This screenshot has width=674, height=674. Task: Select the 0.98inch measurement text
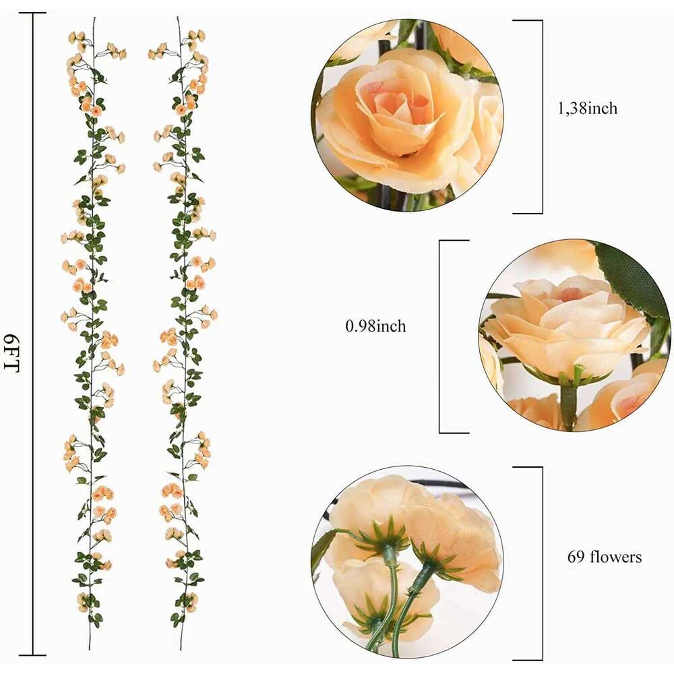click(375, 326)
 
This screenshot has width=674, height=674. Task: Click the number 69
click(574, 557)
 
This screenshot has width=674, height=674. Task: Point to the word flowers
click(615, 557)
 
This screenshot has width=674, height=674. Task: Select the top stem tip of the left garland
click(94, 19)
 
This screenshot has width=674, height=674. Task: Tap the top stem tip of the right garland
click(179, 19)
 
